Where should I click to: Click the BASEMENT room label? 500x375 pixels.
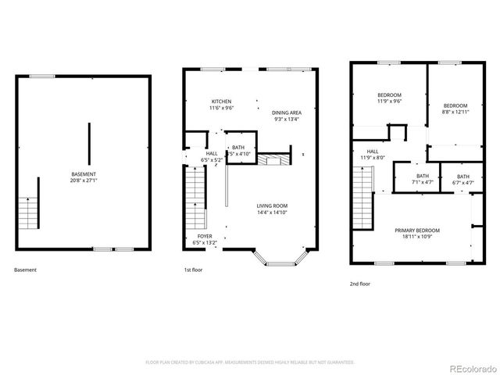(84, 173)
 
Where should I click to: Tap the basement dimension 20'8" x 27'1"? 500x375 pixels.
(84, 180)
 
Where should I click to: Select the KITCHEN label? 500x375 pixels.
(222, 102)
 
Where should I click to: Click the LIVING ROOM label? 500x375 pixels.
(273, 205)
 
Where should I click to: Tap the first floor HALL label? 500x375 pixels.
(212, 153)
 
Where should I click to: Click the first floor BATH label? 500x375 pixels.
(238, 147)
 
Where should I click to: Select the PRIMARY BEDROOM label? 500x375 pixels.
(416, 230)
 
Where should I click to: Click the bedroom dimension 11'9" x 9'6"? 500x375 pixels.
(389, 101)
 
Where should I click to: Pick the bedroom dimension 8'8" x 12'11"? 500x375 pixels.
(455, 112)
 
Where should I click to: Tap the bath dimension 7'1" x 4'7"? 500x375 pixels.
(423, 182)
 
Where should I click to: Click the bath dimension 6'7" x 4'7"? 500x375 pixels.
(463, 183)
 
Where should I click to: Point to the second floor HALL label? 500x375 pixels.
(373, 151)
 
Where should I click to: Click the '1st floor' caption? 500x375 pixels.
(193, 270)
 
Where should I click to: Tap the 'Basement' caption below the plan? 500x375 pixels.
(25, 270)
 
